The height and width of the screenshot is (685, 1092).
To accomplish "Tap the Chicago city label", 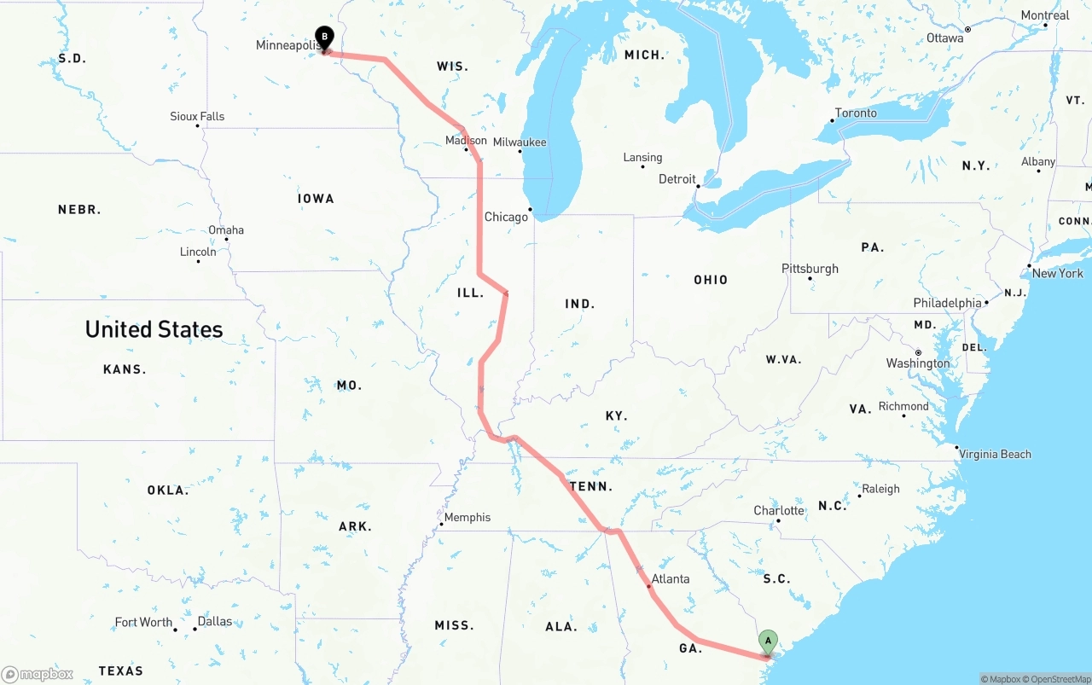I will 506,217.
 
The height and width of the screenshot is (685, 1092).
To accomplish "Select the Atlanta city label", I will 670,578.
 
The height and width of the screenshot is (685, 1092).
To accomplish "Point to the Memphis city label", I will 467,517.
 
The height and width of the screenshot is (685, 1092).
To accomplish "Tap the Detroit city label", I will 677,179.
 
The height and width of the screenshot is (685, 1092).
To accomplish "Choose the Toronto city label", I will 856,113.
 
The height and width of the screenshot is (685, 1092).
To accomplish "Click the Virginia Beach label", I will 995,454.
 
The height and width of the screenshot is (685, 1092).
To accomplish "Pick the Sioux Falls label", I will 197,116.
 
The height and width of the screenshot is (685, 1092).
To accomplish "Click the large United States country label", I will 154,329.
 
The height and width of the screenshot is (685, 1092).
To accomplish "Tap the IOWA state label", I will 316,198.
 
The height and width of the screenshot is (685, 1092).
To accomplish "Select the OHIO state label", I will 711,280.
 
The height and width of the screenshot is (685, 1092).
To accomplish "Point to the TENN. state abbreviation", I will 591,486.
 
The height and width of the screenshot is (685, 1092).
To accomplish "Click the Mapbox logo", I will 38,674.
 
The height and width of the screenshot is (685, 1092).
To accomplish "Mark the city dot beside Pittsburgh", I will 810,279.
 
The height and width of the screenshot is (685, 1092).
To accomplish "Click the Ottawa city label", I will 944,38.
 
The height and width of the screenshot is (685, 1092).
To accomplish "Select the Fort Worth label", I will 143,622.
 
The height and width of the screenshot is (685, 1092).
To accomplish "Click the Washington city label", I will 917,363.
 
